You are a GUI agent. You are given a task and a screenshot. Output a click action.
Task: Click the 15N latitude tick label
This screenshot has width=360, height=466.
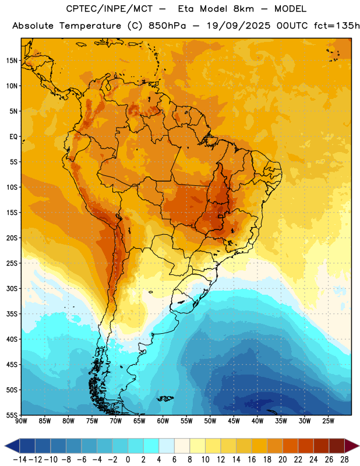[x=12, y=61]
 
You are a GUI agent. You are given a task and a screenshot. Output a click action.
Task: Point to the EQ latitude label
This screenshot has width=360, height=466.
[x=13, y=137]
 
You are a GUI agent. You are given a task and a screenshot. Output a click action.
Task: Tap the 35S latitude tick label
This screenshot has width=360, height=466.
[x=12, y=314]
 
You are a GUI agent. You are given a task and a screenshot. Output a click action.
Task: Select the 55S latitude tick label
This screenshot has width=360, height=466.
[x=12, y=415]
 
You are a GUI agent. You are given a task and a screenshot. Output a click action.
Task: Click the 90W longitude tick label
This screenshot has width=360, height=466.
[x=21, y=421]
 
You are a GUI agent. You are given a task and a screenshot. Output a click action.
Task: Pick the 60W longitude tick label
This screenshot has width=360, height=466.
[x=163, y=421]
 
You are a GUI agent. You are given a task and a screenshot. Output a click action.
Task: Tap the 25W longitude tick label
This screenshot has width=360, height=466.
[x=328, y=421]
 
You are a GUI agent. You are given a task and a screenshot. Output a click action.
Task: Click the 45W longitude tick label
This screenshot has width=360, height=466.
[x=234, y=421]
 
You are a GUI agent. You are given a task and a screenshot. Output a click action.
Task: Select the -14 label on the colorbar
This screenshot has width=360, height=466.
[x=20, y=460]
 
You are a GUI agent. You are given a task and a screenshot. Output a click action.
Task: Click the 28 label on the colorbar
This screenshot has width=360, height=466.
[x=344, y=460]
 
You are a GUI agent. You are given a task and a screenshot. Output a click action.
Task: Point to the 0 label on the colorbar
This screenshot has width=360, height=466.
[x=128, y=460]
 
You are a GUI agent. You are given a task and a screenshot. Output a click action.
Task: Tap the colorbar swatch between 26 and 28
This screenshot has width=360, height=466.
[x=337, y=446]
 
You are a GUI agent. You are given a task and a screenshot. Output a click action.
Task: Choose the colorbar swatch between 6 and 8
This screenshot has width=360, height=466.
[x=182, y=446]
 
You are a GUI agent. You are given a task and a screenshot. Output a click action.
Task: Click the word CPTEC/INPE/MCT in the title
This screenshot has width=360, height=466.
[x=110, y=9]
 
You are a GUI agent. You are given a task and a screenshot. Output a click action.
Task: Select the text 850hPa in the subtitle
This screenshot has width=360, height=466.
[x=167, y=26]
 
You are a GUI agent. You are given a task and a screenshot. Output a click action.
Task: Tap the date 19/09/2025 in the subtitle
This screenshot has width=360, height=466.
[x=239, y=26]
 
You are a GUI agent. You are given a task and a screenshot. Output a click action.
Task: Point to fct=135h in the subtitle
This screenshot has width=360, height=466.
[x=337, y=26]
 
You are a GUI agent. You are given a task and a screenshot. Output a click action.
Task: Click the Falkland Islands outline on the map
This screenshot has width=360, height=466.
[x=165, y=398]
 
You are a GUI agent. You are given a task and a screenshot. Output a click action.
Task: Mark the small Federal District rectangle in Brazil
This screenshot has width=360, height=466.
[x=220, y=216]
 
